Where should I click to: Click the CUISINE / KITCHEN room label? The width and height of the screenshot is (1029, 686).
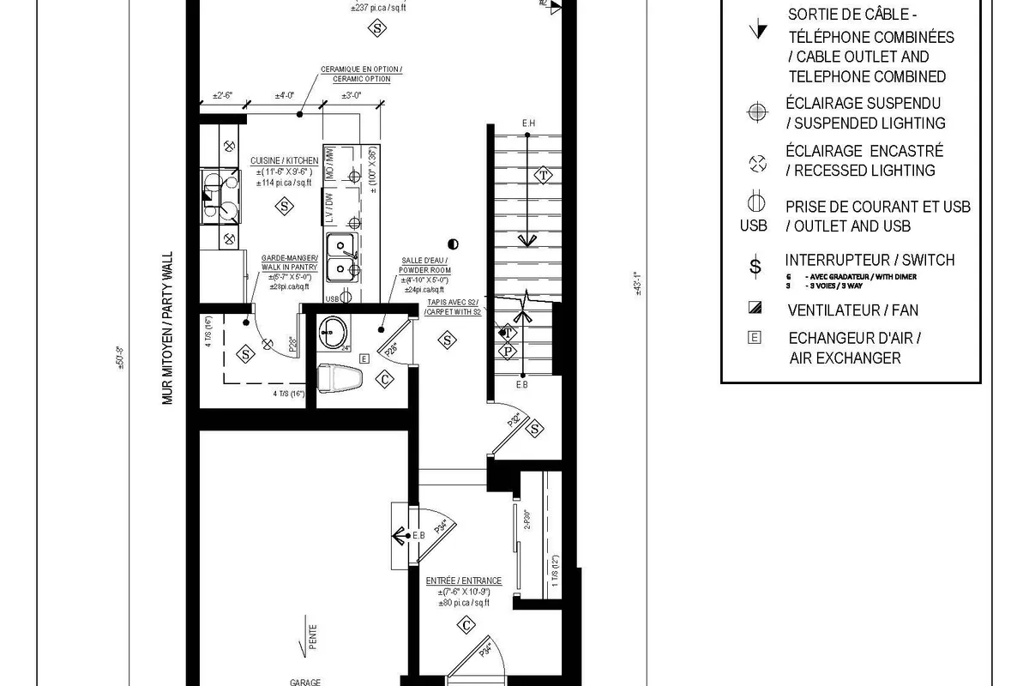pyautogui.click(x=284, y=161)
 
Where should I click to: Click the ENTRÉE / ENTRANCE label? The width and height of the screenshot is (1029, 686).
pyautogui.click(x=464, y=581)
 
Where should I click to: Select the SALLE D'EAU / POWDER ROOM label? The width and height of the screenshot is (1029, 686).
pyautogui.click(x=424, y=265)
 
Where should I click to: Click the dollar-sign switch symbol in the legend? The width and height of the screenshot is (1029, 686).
pyautogui.click(x=755, y=266)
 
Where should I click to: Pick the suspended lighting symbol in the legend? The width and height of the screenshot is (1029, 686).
pyautogui.click(x=755, y=112)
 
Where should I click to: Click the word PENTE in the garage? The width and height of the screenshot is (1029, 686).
pyautogui.click(x=314, y=639)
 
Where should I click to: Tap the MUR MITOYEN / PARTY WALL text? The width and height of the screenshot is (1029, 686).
pyautogui.click(x=168, y=328)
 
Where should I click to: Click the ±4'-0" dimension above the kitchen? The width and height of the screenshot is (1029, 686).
pyautogui.click(x=285, y=95)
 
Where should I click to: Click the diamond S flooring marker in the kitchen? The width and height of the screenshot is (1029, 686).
pyautogui.click(x=283, y=206)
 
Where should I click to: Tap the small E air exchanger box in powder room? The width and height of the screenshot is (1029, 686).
pyautogui.click(x=364, y=358)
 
